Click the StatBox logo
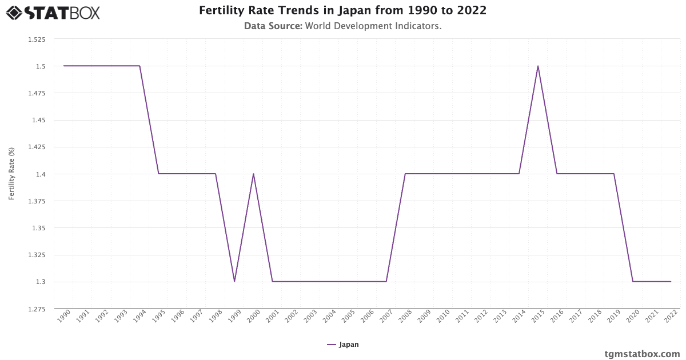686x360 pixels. [x=53, y=12]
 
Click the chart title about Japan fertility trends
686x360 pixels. [x=342, y=11]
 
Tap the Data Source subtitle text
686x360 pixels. [x=342, y=26]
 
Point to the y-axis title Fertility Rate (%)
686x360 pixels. [x=11, y=174]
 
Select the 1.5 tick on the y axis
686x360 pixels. [x=40, y=66]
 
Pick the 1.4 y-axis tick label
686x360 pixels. [x=40, y=174]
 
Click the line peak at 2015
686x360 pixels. [x=538, y=66]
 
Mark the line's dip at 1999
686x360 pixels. [x=234, y=282]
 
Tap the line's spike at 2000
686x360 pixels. [x=253, y=174]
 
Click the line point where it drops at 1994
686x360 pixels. [x=139, y=66]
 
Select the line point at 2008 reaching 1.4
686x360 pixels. [x=405, y=174]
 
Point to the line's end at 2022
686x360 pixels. [x=671, y=282]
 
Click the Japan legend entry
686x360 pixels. [x=343, y=345]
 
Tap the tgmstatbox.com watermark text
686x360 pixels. [x=642, y=354]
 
